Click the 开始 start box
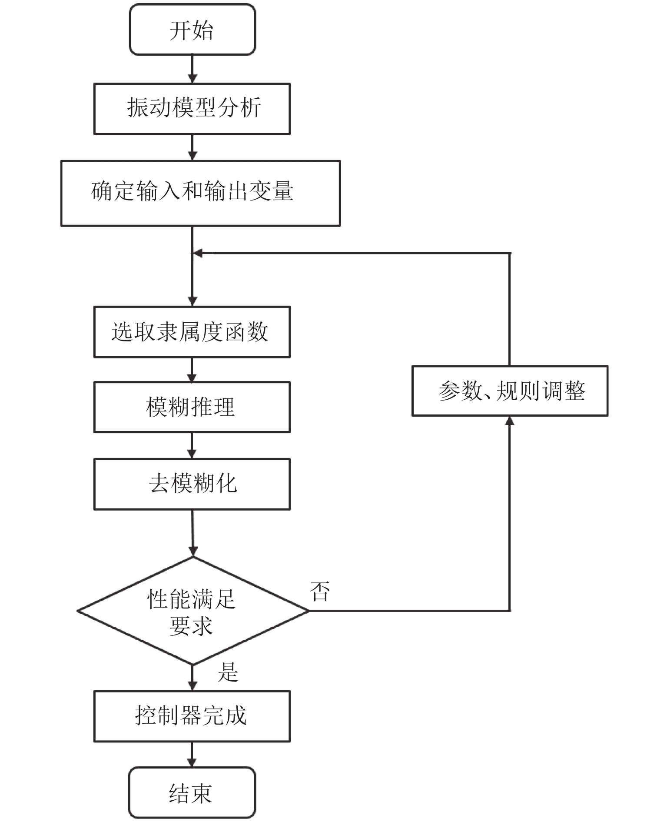(x=192, y=30)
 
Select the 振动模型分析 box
(x=192, y=109)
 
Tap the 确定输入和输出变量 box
(x=200, y=194)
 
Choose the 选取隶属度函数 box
(x=192, y=332)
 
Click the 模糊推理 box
(x=192, y=407)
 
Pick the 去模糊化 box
(x=192, y=484)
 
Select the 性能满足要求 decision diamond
(x=193, y=611)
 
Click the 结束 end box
(x=192, y=793)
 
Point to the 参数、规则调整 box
(x=510, y=391)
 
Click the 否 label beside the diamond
(x=320, y=591)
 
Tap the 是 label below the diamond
(x=228, y=672)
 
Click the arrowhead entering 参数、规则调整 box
(x=510, y=421)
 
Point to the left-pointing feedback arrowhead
(x=197, y=253)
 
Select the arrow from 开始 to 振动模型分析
(x=192, y=69)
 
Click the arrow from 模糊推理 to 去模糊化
(x=192, y=445)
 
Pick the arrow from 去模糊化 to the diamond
(x=192, y=533)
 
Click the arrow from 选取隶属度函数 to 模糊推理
(x=192, y=370)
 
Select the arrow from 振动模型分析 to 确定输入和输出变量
(x=192, y=147)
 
